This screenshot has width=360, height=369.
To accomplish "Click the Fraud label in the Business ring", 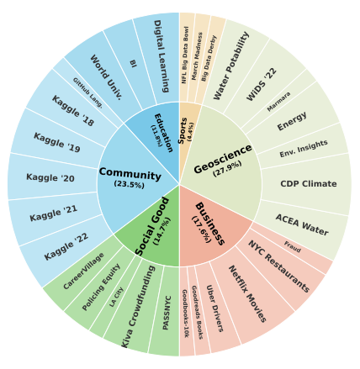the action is [x=293, y=246].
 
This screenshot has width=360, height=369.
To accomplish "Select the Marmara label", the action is [x=278, y=102].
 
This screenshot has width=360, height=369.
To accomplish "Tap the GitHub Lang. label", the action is [x=87, y=92].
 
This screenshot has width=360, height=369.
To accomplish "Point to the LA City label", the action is [x=116, y=297].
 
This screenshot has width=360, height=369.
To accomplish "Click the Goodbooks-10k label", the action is [x=185, y=314].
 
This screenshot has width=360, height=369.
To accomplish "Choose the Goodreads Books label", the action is [x=198, y=313].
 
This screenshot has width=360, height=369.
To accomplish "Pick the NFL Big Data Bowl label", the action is [x=185, y=55].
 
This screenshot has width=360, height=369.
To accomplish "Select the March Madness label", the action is [x=197, y=56].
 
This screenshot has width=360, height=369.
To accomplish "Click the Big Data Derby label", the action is [x=209, y=58].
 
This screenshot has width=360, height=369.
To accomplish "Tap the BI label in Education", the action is [x=133, y=63].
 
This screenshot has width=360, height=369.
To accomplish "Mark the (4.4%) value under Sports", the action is [x=190, y=131].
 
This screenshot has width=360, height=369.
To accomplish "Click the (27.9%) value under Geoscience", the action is [x=227, y=169].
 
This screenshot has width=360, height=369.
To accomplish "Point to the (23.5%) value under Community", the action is [x=130, y=184].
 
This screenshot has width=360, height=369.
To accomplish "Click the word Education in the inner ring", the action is [x=163, y=133].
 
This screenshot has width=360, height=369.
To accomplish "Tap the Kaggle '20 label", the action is [x=50, y=177].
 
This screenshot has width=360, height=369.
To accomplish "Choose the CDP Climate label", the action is [x=309, y=184].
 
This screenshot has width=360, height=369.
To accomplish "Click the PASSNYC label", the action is [x=167, y=313].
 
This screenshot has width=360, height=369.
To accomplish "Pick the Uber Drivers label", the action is [x=214, y=308].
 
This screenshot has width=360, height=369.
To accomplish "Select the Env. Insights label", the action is [x=304, y=149].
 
